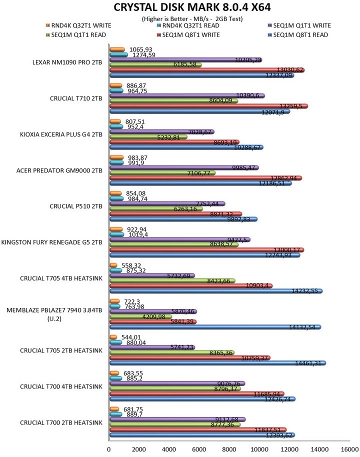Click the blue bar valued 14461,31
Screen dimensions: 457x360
pos(217,363)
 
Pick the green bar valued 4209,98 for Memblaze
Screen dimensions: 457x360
pos(140,316)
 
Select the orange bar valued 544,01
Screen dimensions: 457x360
pos(113,337)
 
